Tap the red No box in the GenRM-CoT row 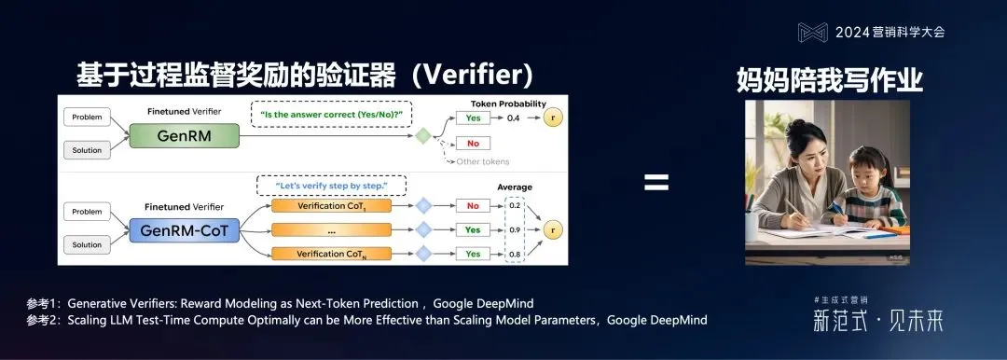tap(472, 205)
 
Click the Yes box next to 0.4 tap(472, 118)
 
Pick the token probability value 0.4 tap(513, 118)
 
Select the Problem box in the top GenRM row tap(86, 118)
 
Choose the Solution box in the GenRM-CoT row tap(86, 245)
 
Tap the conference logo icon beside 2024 tap(812, 32)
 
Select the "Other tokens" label tap(483, 161)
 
